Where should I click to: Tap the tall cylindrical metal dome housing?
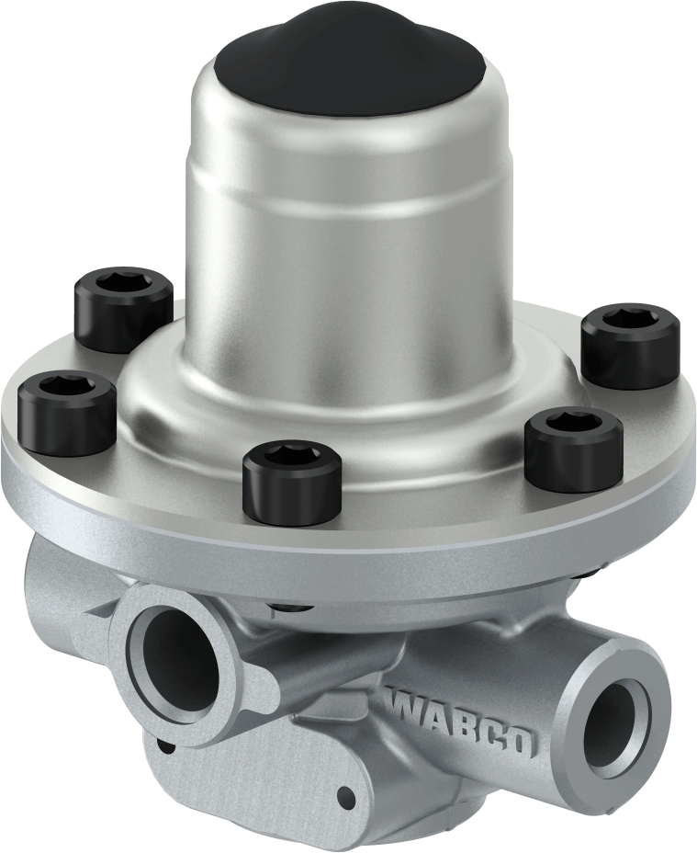(x=349, y=239)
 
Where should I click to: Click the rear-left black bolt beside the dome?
(x=123, y=308)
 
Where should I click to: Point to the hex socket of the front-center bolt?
(x=292, y=455)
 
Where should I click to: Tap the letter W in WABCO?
(x=404, y=705)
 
